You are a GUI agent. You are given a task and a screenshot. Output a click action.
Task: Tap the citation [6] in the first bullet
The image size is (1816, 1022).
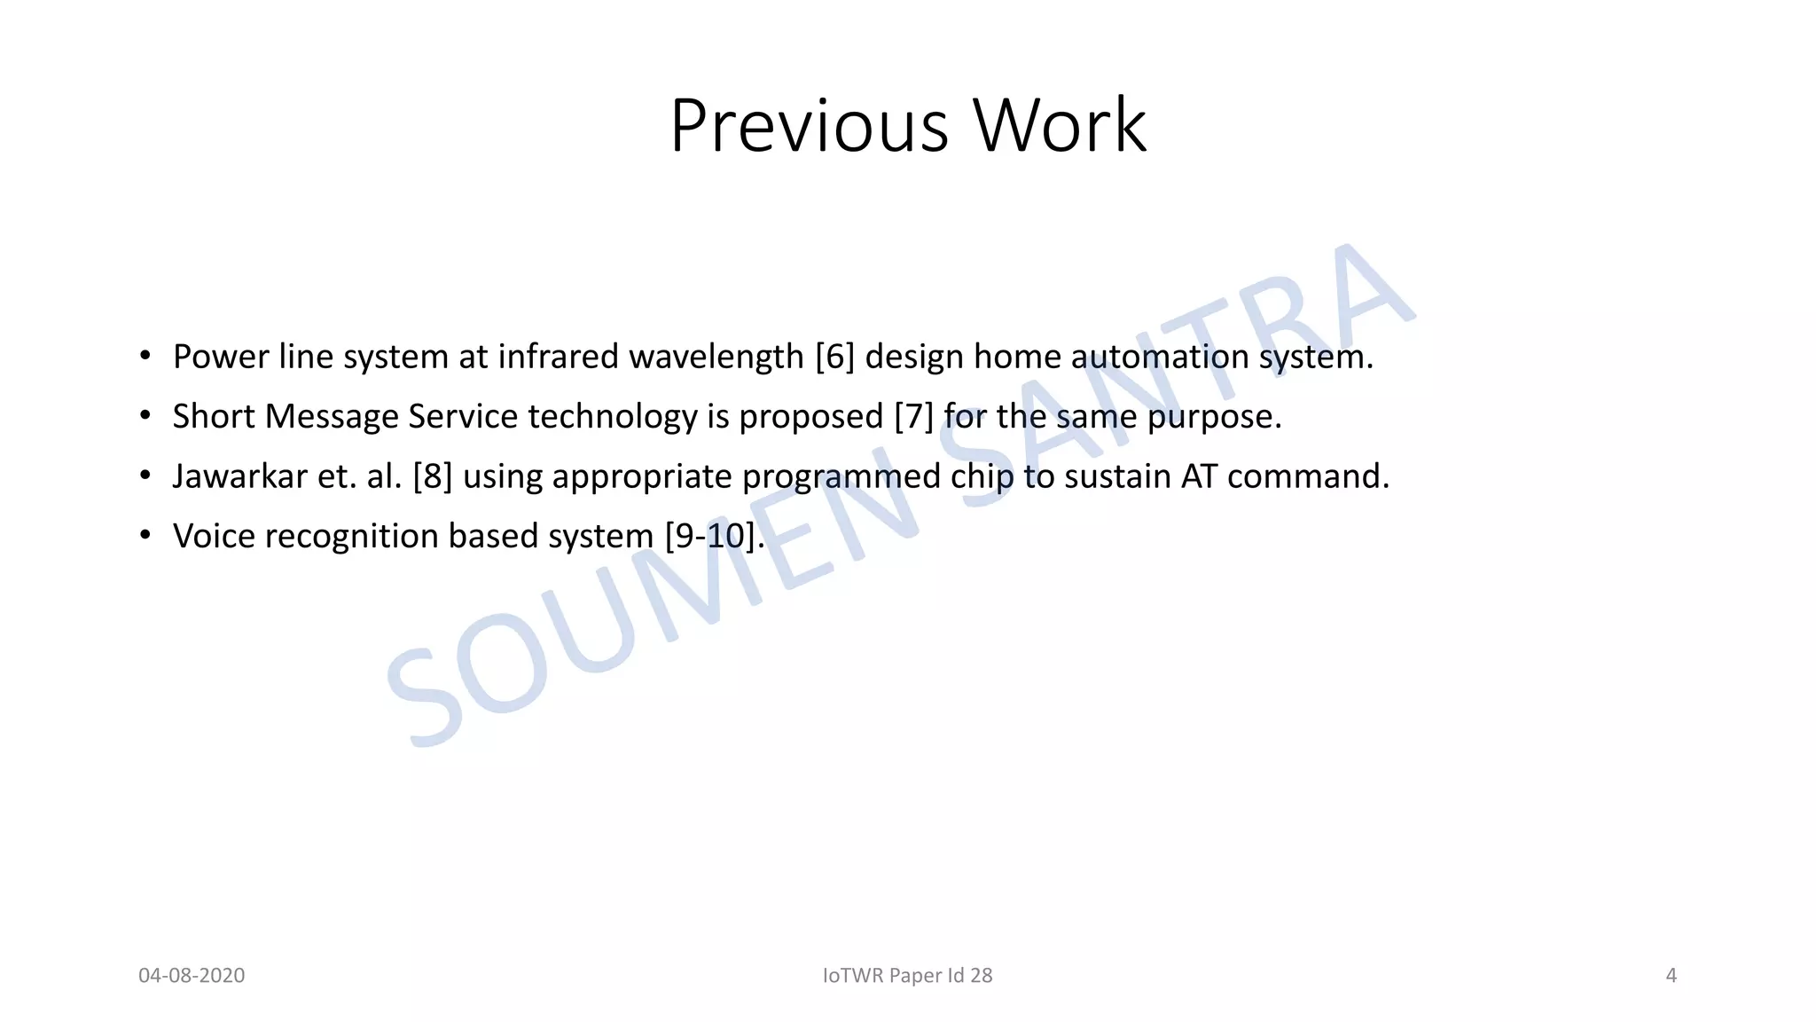click(834, 357)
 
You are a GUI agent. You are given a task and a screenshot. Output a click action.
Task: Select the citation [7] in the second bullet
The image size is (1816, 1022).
click(913, 416)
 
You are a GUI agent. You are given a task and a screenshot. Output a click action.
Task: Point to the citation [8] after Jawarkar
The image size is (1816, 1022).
click(433, 476)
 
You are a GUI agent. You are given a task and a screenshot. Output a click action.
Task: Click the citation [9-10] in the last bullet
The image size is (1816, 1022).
click(710, 536)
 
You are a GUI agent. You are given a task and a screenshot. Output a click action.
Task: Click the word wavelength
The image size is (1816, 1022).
click(716, 357)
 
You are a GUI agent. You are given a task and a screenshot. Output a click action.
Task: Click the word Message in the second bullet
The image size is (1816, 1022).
click(331, 416)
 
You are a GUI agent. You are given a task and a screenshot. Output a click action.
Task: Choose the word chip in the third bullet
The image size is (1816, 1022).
click(982, 476)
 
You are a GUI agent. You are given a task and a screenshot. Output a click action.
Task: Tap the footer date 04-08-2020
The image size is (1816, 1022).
click(192, 976)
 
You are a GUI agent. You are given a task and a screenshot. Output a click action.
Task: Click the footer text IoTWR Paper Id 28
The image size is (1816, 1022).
click(907, 976)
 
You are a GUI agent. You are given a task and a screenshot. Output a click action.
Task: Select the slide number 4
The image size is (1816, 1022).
click(1671, 976)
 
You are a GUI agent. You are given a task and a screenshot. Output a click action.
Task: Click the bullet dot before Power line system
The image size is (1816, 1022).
click(145, 357)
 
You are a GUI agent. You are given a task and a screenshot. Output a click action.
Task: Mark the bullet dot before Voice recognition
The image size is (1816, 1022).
click(145, 536)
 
